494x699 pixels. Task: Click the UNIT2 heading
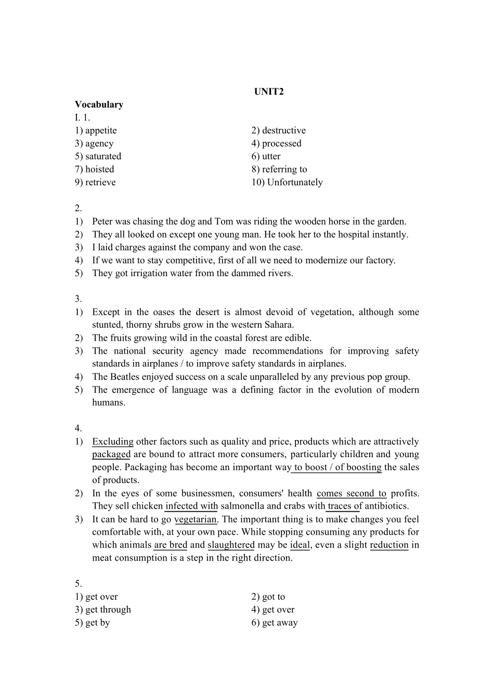click(x=269, y=92)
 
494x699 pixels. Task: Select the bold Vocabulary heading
click(x=99, y=105)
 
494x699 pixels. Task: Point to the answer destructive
click(x=284, y=131)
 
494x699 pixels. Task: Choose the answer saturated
click(x=103, y=157)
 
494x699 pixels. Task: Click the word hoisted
click(x=99, y=170)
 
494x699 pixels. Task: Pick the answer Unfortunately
click(x=295, y=183)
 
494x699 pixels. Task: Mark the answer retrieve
click(x=100, y=183)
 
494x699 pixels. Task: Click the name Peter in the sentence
click(x=103, y=222)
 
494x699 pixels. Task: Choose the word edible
click(x=297, y=338)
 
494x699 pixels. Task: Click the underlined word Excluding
click(x=113, y=442)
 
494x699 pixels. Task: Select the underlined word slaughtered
click(x=231, y=545)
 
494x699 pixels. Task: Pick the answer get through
click(x=108, y=610)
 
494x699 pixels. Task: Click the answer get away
click(x=280, y=623)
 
